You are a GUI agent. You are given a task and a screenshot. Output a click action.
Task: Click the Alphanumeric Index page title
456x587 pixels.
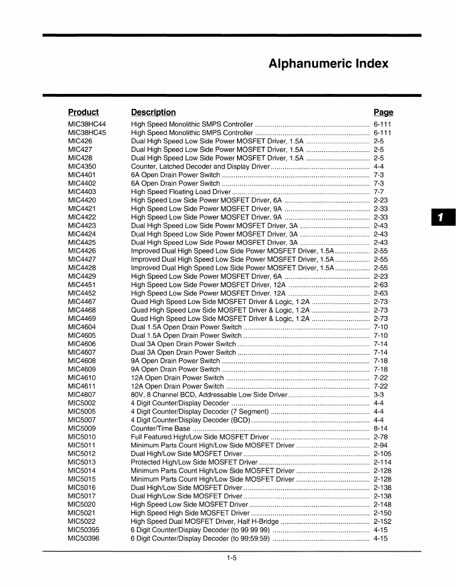(x=328, y=64)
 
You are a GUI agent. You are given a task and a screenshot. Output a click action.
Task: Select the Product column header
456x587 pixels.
(x=83, y=112)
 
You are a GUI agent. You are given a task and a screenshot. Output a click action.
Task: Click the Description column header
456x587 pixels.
(x=153, y=112)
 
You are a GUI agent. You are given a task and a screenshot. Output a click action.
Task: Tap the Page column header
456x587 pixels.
(x=383, y=112)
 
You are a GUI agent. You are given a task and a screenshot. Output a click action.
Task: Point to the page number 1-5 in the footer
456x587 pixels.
(x=232, y=558)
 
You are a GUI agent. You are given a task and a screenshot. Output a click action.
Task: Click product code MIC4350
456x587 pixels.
(x=82, y=166)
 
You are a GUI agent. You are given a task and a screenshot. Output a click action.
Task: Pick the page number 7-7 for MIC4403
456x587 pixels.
(x=379, y=191)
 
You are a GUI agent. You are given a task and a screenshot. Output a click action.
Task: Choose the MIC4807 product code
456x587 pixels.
(x=82, y=395)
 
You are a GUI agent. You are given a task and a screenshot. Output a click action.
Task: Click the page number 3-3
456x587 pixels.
(x=379, y=395)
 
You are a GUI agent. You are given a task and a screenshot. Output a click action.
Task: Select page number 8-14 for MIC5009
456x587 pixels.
(x=381, y=429)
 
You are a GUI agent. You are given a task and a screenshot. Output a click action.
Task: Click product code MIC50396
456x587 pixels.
(x=84, y=539)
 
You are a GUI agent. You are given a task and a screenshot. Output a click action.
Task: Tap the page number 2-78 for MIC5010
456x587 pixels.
(x=381, y=437)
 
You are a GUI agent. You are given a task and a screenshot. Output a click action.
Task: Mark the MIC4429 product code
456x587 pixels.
(x=82, y=276)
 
